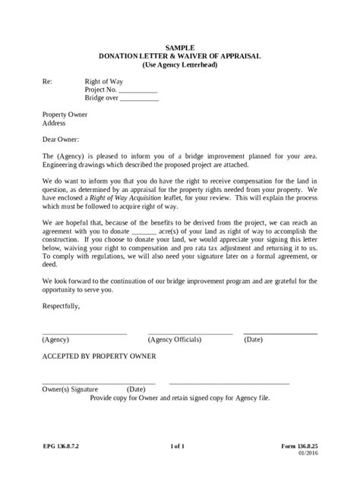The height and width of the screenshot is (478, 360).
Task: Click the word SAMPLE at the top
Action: point(180,47)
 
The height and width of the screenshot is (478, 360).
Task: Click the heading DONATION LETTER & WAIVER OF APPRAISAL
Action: point(180,56)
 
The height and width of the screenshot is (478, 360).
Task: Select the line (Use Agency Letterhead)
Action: point(180,65)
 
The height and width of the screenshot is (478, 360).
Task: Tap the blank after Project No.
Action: point(138,90)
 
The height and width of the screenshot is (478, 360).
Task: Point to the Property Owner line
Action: point(65,114)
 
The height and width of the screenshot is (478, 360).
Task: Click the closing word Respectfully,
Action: point(62,305)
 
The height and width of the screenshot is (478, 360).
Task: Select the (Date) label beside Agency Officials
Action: point(253,340)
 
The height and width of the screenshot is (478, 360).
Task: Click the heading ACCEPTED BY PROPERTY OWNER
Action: point(99,356)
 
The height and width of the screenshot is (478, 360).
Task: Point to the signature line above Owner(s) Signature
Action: point(99,382)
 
